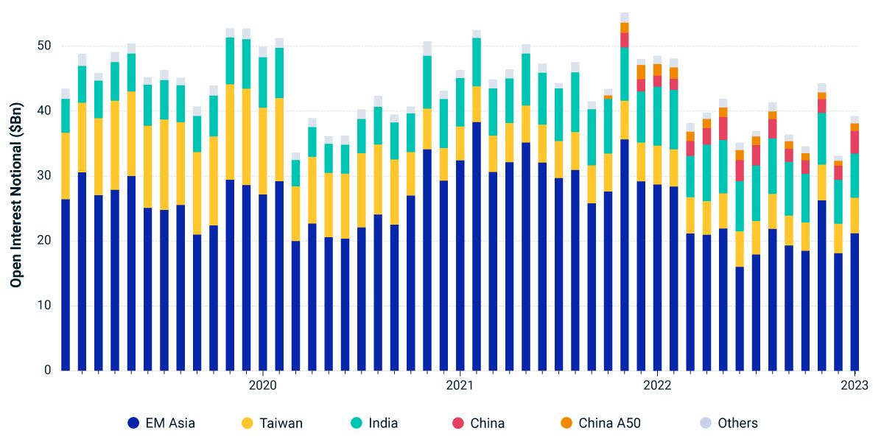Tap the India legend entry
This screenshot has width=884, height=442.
383,423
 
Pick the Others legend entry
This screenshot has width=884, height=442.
737,423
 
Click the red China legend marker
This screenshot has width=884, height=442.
458,423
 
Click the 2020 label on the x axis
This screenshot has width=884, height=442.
262,385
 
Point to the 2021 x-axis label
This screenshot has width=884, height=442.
460,385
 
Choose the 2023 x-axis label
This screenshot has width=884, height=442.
855,385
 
